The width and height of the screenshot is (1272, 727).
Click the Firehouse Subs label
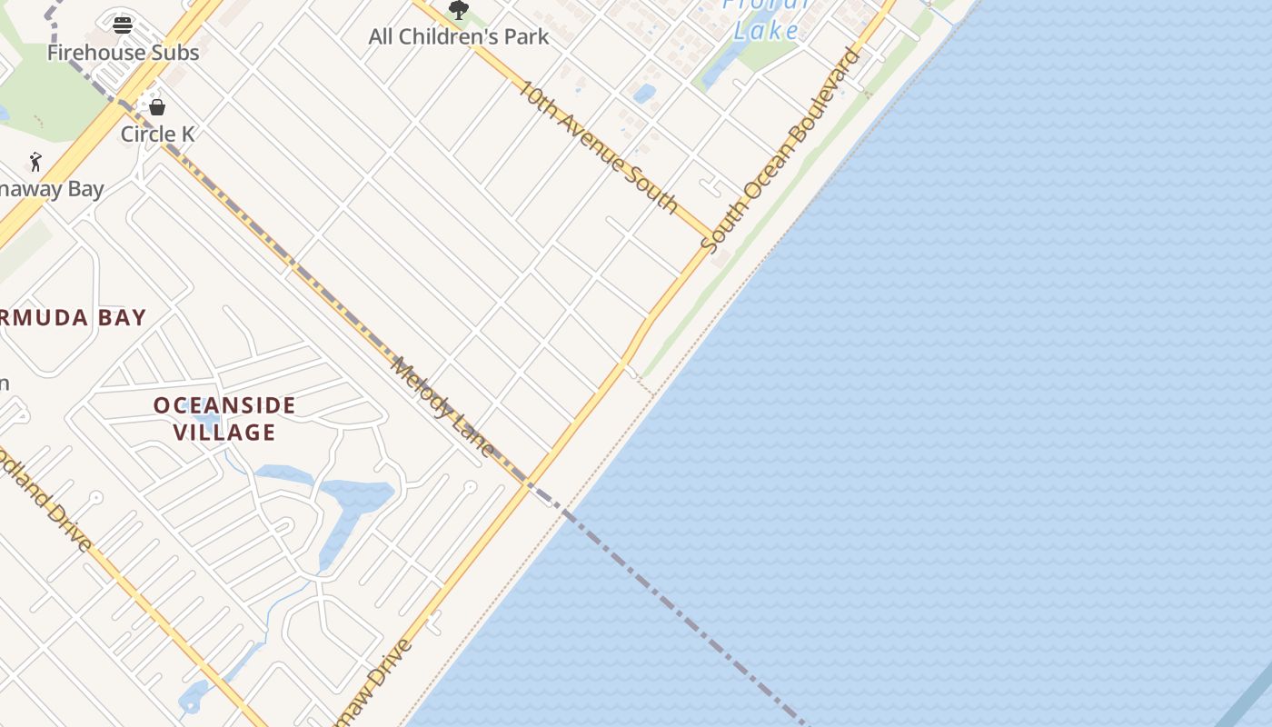pos(123,53)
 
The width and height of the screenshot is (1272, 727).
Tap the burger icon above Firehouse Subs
pos(123,25)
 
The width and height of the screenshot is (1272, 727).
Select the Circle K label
pos(158,134)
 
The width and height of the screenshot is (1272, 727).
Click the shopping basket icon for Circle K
pos(157,107)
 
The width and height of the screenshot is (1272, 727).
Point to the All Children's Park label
pos(459,37)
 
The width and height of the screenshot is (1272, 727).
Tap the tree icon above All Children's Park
pos(459,10)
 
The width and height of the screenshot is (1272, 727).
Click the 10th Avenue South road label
pos(597,145)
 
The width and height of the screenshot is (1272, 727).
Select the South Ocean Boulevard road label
pos(781,150)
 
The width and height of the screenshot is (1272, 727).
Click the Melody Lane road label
pos(442,406)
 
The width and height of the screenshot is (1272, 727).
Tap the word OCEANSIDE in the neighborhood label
pos(224,405)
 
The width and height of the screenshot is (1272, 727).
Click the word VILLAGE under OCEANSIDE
pos(224,433)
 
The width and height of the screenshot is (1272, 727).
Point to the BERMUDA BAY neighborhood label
pos(73,318)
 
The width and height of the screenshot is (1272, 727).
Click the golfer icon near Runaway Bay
pos(35,162)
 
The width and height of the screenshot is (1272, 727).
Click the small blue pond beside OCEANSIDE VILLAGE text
pos(207,422)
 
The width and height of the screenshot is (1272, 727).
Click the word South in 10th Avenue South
pos(650,188)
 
